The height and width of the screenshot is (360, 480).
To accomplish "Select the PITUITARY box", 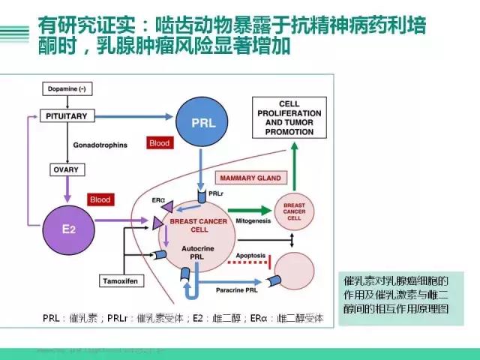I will pos(70,116).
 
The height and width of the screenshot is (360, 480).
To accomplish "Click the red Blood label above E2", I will pos(100,200).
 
